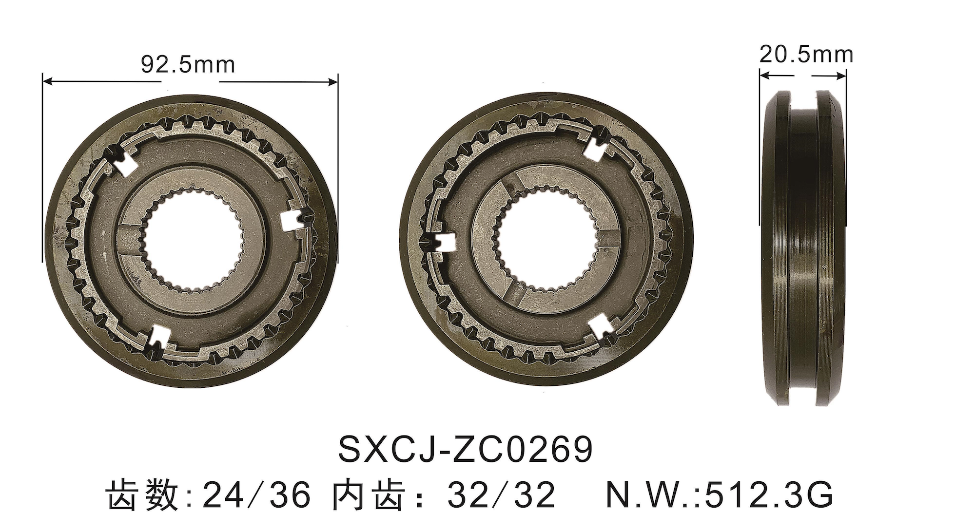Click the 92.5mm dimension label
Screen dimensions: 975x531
coord(188,64)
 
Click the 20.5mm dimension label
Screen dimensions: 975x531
coord(806,55)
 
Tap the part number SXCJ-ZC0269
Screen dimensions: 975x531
coord(465,450)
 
